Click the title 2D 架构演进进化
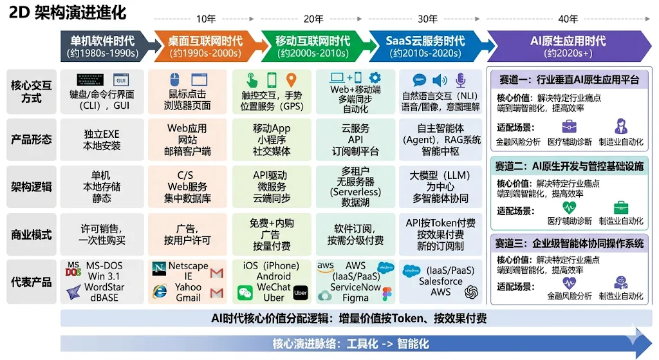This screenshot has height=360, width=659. pyautogui.click(x=68, y=12)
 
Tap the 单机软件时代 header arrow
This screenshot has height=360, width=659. pyautogui.click(x=103, y=46)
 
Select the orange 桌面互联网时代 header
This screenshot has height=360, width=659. pyautogui.click(x=205, y=46)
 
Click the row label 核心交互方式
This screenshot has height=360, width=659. pyautogui.click(x=31, y=91)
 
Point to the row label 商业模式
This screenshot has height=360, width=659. pyautogui.click(x=31, y=234)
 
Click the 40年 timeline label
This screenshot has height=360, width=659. pyautogui.click(x=568, y=19)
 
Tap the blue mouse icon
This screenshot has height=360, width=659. pyautogui.click(x=174, y=80)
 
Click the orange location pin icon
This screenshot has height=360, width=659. pyautogui.click(x=291, y=80)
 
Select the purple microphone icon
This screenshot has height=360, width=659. pyautogui.click(x=460, y=80)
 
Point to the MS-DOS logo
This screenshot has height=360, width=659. pyautogui.click(x=73, y=269)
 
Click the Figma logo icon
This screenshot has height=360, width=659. pyautogui.click(x=387, y=294)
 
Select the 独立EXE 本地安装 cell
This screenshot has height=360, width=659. pyautogui.click(x=102, y=140)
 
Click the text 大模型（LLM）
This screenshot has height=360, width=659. pyautogui.click(x=440, y=175)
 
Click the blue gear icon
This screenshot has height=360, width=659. pyautogui.click(x=375, y=78)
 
